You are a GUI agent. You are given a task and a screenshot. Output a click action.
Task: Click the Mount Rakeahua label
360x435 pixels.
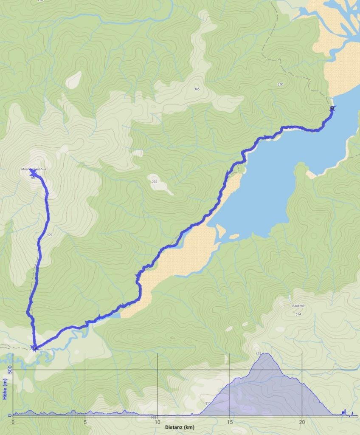point(34,169)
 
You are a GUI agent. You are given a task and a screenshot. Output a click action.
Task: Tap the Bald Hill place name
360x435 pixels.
point(299,306)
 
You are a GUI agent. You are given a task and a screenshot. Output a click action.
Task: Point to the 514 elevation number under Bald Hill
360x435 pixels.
point(299,314)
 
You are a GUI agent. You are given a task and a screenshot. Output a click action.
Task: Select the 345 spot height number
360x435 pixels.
point(197,89)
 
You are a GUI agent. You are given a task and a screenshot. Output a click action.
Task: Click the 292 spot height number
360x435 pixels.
point(155,182)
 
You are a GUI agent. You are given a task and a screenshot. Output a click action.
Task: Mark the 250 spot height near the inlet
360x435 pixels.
point(280,85)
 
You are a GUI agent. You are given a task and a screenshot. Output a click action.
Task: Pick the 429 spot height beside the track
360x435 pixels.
point(50,234)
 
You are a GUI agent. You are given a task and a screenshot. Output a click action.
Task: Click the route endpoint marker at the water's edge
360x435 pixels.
point(332,108)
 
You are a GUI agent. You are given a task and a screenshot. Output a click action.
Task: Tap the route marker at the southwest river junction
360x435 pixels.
point(34,348)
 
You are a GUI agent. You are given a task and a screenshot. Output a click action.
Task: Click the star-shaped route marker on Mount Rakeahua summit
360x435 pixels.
point(32,173)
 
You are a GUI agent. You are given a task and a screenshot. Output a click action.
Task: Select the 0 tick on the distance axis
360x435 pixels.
point(13,422)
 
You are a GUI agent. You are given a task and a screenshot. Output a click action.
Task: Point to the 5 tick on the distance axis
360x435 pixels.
point(85,422)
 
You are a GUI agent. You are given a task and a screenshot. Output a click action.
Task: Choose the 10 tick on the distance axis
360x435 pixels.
point(157,422)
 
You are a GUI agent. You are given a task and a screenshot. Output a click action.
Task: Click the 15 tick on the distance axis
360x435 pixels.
point(230,422)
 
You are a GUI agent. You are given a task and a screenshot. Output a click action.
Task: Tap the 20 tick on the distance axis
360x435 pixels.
point(302,422)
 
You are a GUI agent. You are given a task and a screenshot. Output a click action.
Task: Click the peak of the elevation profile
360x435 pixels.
point(267,354)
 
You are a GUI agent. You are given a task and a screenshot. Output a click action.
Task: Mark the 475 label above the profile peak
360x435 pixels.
point(259,353)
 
